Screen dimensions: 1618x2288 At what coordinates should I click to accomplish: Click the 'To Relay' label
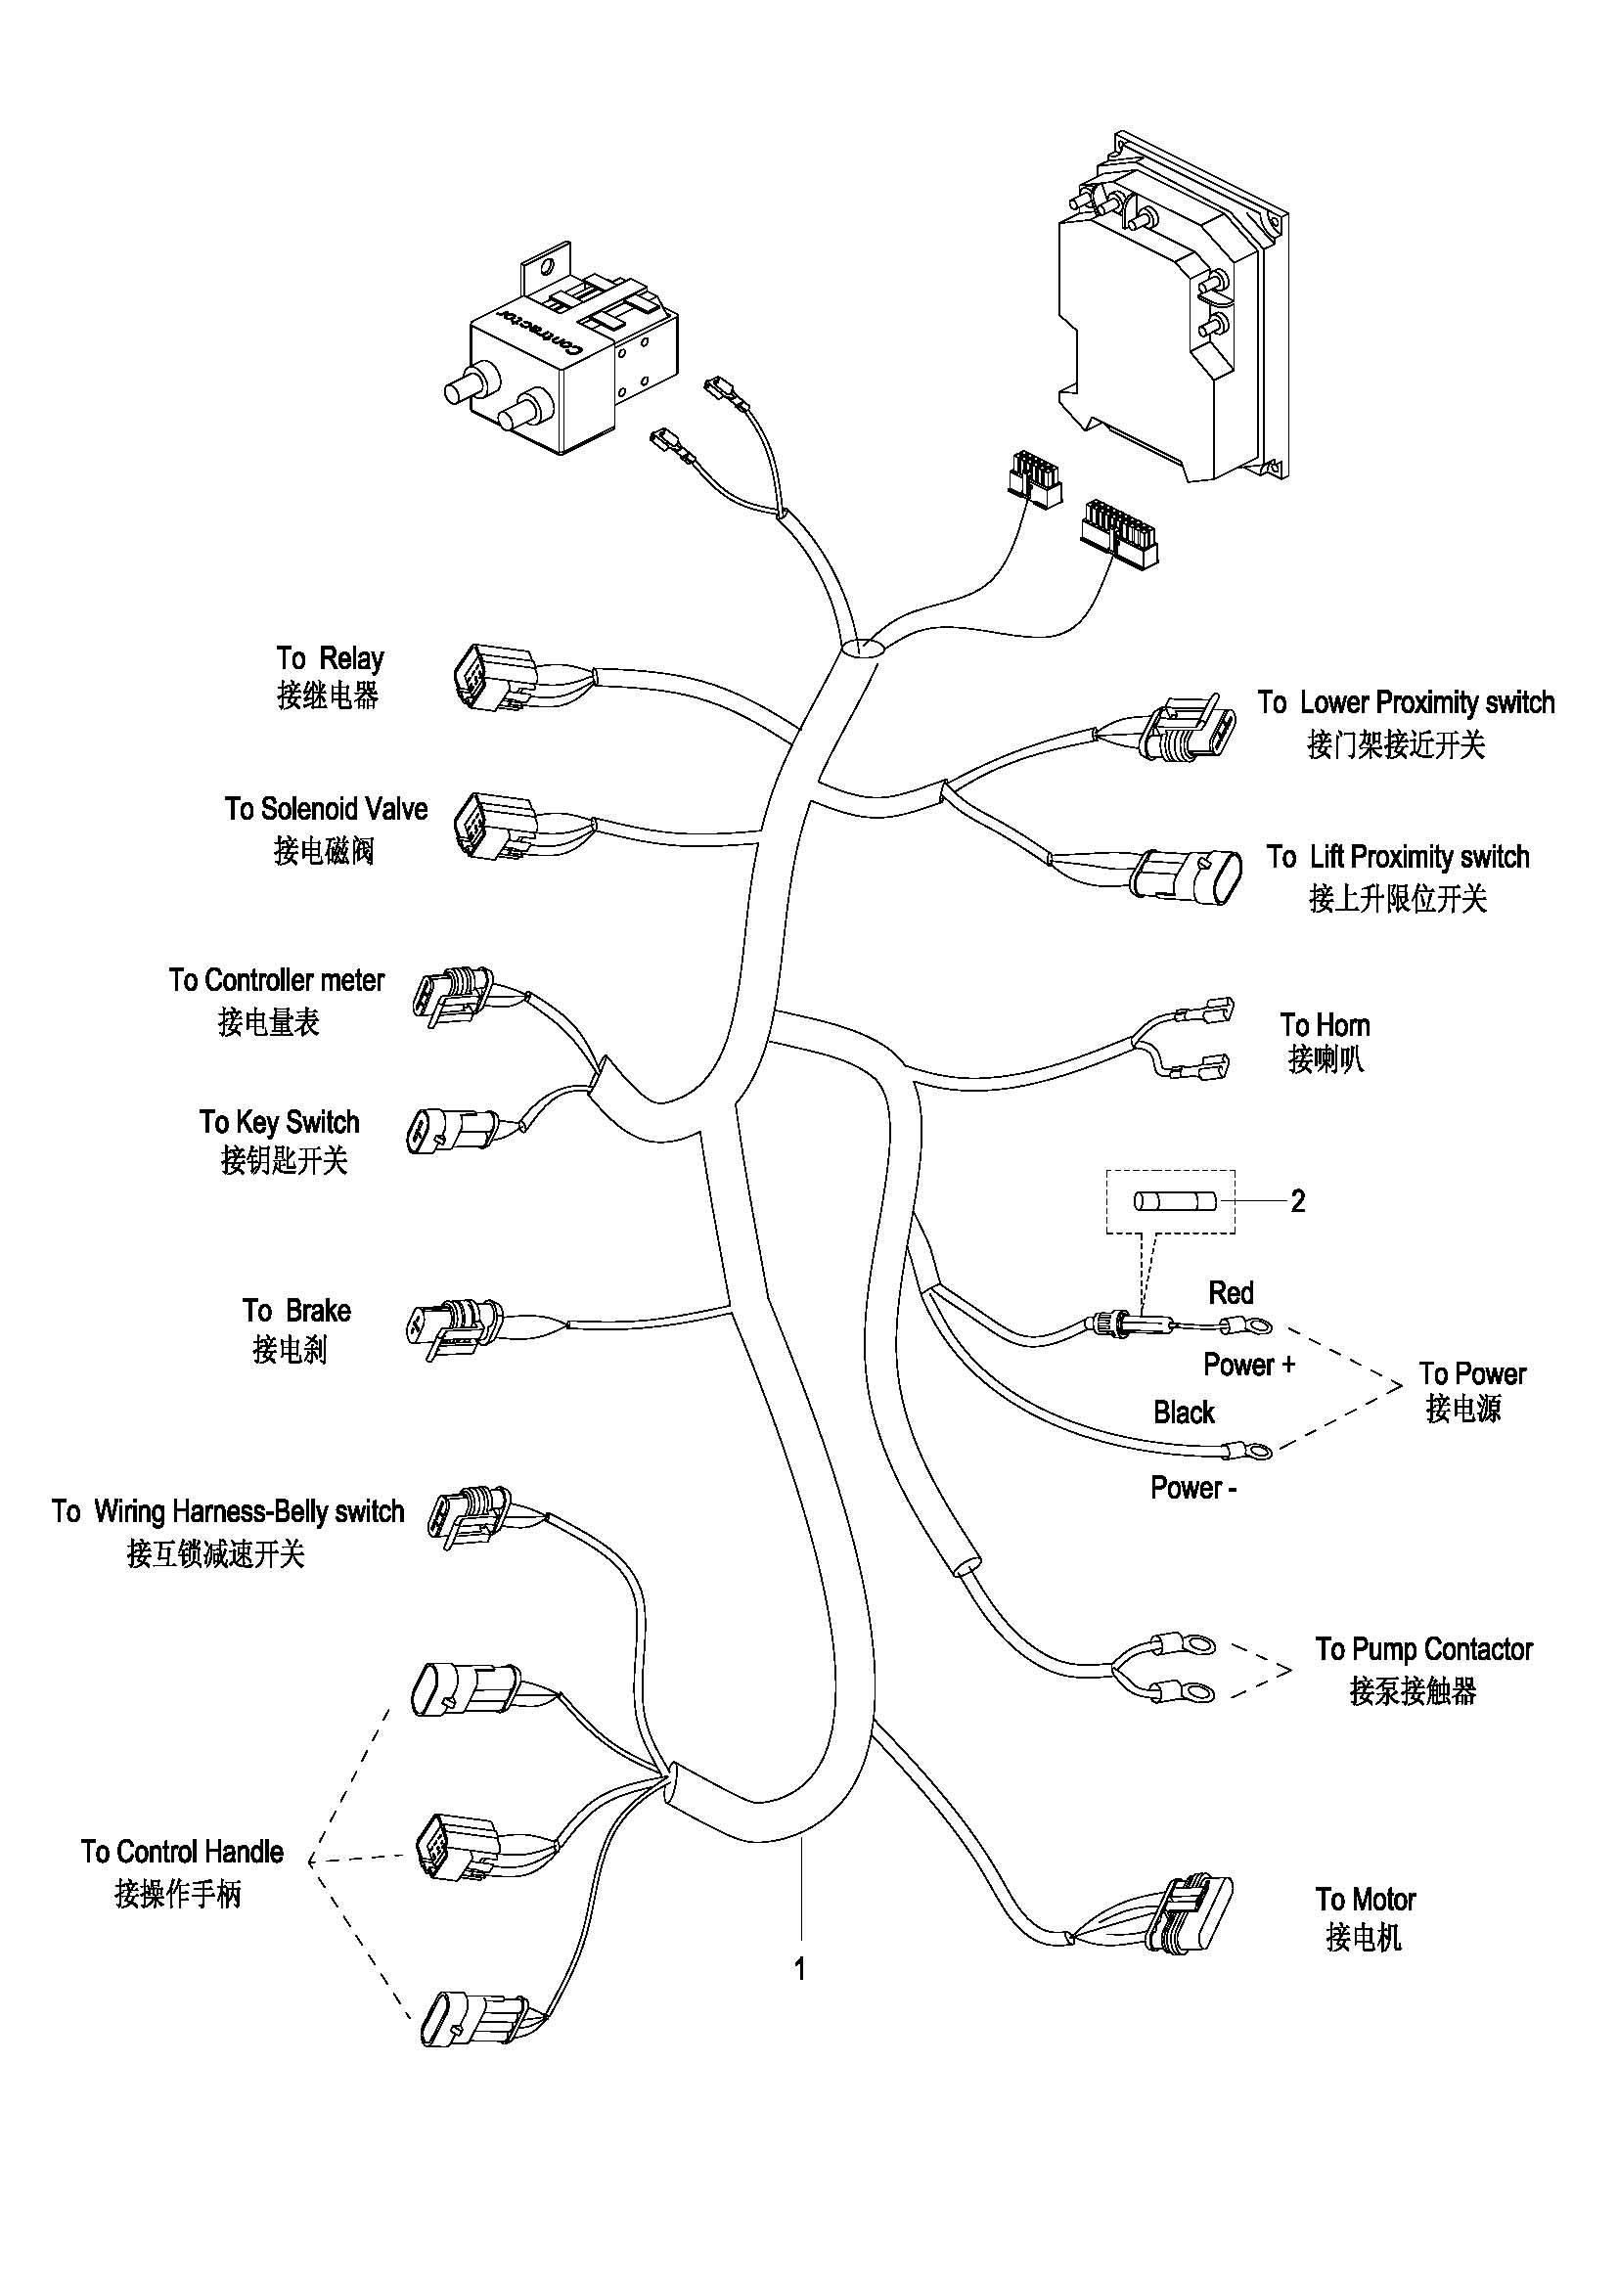pyautogui.click(x=330, y=658)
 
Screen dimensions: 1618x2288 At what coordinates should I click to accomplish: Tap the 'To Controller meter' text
pyautogui.click(x=276, y=980)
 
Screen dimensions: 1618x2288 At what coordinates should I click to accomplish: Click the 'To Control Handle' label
pyautogui.click(x=182, y=1852)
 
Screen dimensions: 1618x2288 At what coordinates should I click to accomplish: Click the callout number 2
pyautogui.click(x=1297, y=1201)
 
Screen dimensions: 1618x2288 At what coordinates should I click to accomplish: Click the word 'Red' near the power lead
pyautogui.click(x=1231, y=1293)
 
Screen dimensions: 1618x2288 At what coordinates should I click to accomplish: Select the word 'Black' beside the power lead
pyautogui.click(x=1185, y=1413)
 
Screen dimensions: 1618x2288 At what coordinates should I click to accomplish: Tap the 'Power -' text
pyautogui.click(x=1193, y=1488)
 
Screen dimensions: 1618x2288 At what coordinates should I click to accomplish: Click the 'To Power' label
pyautogui.click(x=1472, y=1374)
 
